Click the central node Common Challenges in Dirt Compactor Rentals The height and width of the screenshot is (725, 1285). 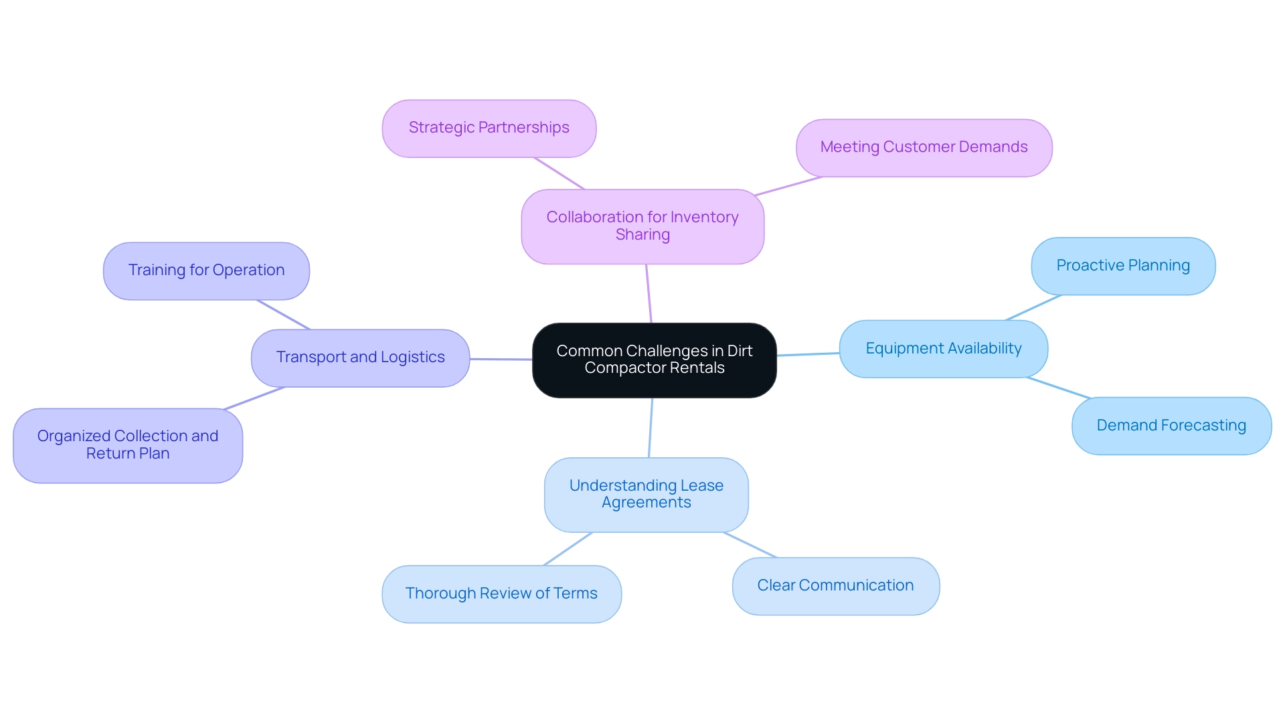654,360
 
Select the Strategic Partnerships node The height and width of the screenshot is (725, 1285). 489,129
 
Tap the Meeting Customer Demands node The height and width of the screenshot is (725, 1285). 924,148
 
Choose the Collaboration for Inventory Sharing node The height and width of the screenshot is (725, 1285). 642,226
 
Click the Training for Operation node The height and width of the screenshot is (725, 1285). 206,270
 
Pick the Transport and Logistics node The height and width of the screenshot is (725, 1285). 360,357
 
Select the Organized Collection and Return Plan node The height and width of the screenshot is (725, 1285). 128,445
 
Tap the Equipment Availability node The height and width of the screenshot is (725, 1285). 943,349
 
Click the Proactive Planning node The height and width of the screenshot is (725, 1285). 1123,266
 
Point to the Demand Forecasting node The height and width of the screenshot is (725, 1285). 1171,426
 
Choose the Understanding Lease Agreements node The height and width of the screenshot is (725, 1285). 646,495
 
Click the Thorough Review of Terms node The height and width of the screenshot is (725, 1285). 501,594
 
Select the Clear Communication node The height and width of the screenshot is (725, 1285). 835,586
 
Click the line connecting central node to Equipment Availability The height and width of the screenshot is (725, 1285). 808,354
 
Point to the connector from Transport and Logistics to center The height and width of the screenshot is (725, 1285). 501,359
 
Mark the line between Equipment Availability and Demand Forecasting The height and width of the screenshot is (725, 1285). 1058,388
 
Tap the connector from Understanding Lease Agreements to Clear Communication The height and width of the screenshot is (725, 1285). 750,545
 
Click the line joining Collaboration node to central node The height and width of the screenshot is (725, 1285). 649,293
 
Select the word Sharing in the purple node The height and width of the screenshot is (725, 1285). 642,235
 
